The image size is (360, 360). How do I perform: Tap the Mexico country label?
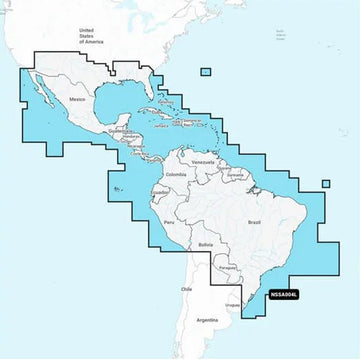click(x=78, y=101)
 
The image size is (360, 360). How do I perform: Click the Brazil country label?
click(x=252, y=221)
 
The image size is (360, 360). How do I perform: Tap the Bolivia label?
click(x=206, y=244)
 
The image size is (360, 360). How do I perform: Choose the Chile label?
click(x=185, y=289)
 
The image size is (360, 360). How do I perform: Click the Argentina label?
click(x=207, y=321)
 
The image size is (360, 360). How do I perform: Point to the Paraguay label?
click(x=227, y=267)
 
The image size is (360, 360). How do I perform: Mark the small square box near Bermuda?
click(x=205, y=71)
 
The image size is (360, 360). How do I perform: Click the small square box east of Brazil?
click(x=326, y=183)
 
